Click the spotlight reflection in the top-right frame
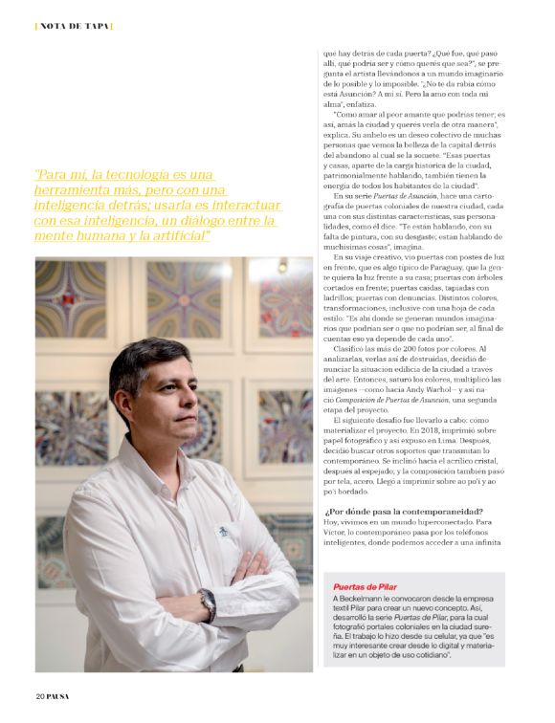[282, 265]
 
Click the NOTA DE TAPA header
[74, 25]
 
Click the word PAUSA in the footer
[58, 695]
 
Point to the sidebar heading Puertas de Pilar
[365, 584]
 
